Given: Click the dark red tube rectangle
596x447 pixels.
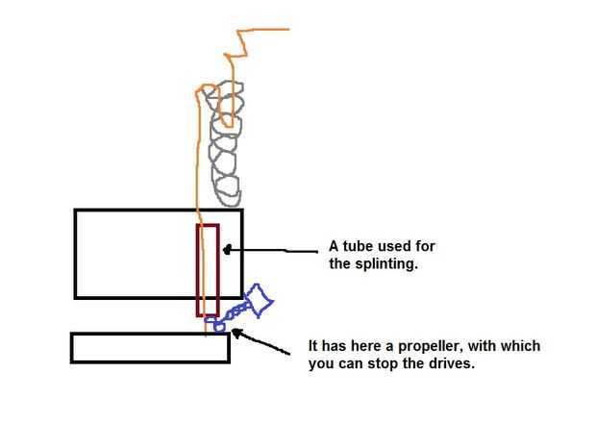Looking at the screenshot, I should point(208,269).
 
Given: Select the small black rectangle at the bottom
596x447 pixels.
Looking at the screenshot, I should point(150,347).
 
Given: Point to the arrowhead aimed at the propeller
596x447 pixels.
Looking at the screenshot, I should point(234,333).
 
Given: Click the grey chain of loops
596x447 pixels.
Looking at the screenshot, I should point(226,144).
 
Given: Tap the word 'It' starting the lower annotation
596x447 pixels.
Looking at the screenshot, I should point(313,346).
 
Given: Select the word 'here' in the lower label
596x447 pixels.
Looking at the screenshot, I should point(360,346).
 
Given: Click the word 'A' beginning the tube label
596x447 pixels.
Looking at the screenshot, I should point(333,247).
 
